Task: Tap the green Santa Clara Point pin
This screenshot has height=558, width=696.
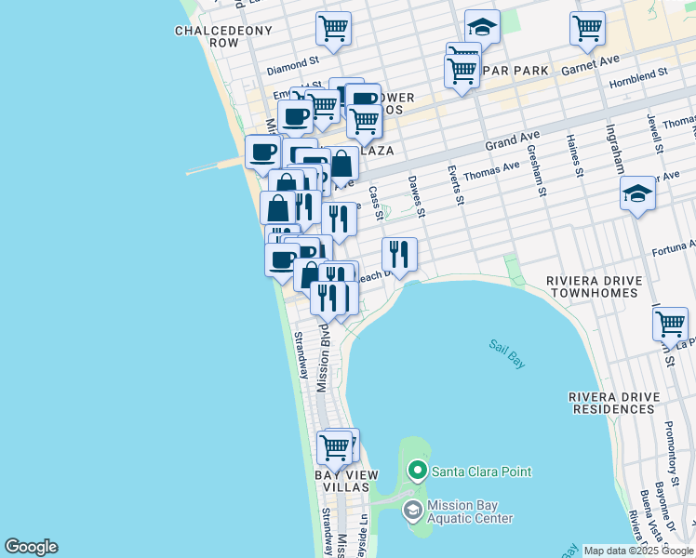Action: [x=417, y=472]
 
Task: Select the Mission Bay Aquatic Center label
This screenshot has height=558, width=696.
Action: [x=469, y=511]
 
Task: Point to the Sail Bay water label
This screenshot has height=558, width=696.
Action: [x=507, y=353]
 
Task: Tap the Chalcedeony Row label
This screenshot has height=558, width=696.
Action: [x=223, y=36]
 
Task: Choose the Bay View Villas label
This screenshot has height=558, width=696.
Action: [x=346, y=481]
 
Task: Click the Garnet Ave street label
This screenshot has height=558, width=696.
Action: [x=590, y=65]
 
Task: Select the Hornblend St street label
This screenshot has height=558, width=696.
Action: [x=638, y=78]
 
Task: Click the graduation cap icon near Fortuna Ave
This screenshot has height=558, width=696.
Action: [x=637, y=194]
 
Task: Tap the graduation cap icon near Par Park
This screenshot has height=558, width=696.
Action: [x=482, y=27]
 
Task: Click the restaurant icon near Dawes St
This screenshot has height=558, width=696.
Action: [x=399, y=253]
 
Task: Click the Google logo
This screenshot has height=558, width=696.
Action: [x=31, y=547]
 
